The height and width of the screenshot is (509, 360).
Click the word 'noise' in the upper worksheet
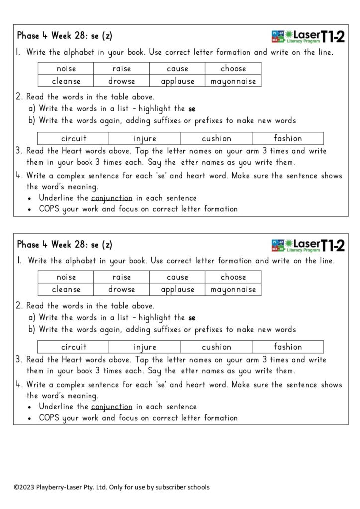click(x=66, y=69)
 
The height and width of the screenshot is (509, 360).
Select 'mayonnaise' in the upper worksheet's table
click(x=233, y=81)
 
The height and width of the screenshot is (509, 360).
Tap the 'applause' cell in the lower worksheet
click(x=178, y=290)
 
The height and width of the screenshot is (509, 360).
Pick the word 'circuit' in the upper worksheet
click(x=74, y=139)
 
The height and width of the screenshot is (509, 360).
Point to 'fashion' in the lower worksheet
click(x=288, y=347)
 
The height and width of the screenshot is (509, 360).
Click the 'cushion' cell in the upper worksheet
click(x=216, y=139)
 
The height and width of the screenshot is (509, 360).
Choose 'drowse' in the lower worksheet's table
click(x=122, y=290)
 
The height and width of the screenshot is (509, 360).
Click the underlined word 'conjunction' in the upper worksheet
click(x=112, y=198)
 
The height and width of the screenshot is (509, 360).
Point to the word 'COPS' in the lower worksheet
click(x=50, y=418)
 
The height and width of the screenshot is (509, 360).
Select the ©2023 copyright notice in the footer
click(x=111, y=487)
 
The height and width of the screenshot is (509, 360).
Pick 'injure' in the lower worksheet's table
click(x=145, y=347)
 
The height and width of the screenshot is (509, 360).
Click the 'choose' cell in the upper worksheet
click(x=233, y=69)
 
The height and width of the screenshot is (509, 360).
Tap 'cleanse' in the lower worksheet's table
click(x=66, y=290)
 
